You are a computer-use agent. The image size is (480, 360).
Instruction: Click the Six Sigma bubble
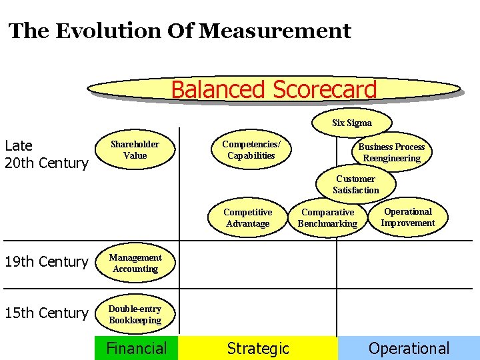click(352, 123)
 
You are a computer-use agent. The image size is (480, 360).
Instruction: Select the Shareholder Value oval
click(135, 150)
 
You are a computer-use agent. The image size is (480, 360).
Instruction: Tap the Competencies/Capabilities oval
click(251, 150)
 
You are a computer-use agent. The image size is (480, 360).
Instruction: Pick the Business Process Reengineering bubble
click(391, 153)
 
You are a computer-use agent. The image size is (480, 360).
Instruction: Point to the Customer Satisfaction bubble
click(355, 185)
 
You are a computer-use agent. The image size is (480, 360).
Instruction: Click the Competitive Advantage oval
click(247, 218)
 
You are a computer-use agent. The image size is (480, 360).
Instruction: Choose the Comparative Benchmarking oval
click(327, 218)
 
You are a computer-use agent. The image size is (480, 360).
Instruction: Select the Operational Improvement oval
click(407, 217)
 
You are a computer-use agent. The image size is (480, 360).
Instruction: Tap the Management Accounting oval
click(135, 263)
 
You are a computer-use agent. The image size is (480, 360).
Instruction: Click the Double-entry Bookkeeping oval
click(135, 315)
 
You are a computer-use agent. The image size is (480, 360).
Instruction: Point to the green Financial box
click(137, 348)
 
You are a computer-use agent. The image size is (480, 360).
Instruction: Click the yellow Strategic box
click(258, 348)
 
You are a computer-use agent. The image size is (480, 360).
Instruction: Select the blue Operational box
click(409, 348)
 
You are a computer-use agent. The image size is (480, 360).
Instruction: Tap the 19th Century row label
click(46, 262)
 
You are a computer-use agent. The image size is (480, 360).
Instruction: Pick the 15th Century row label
click(46, 313)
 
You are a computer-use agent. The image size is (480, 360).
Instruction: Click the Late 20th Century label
click(46, 155)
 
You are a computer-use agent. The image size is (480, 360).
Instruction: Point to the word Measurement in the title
click(275, 31)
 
